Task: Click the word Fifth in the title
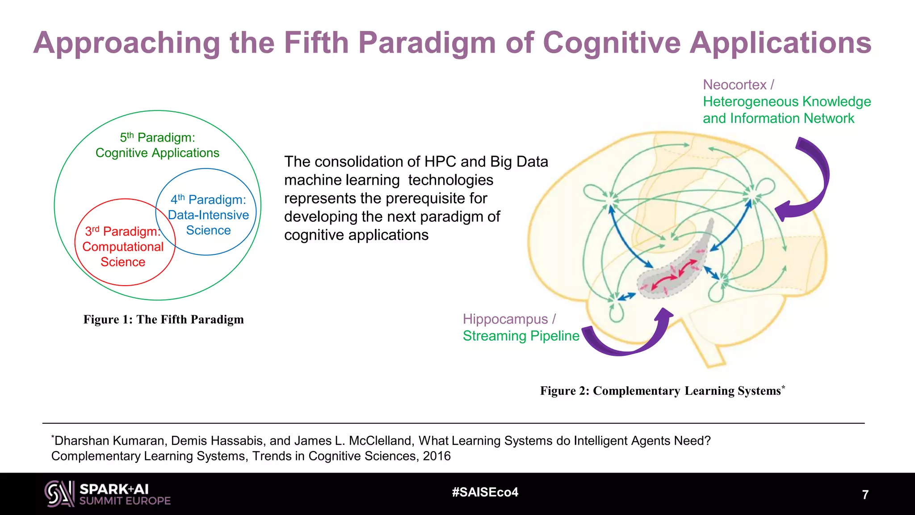click(x=316, y=43)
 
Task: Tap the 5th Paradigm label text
click(x=157, y=138)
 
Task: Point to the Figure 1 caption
click(x=164, y=320)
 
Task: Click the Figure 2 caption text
click(x=661, y=391)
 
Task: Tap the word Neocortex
click(x=735, y=84)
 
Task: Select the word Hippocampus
click(x=505, y=319)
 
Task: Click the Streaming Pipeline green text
click(x=520, y=336)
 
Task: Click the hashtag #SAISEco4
click(x=485, y=492)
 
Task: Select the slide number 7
click(x=865, y=495)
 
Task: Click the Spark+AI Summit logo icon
click(x=59, y=494)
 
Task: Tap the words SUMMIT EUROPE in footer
click(x=125, y=501)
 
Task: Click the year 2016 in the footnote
click(x=437, y=456)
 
